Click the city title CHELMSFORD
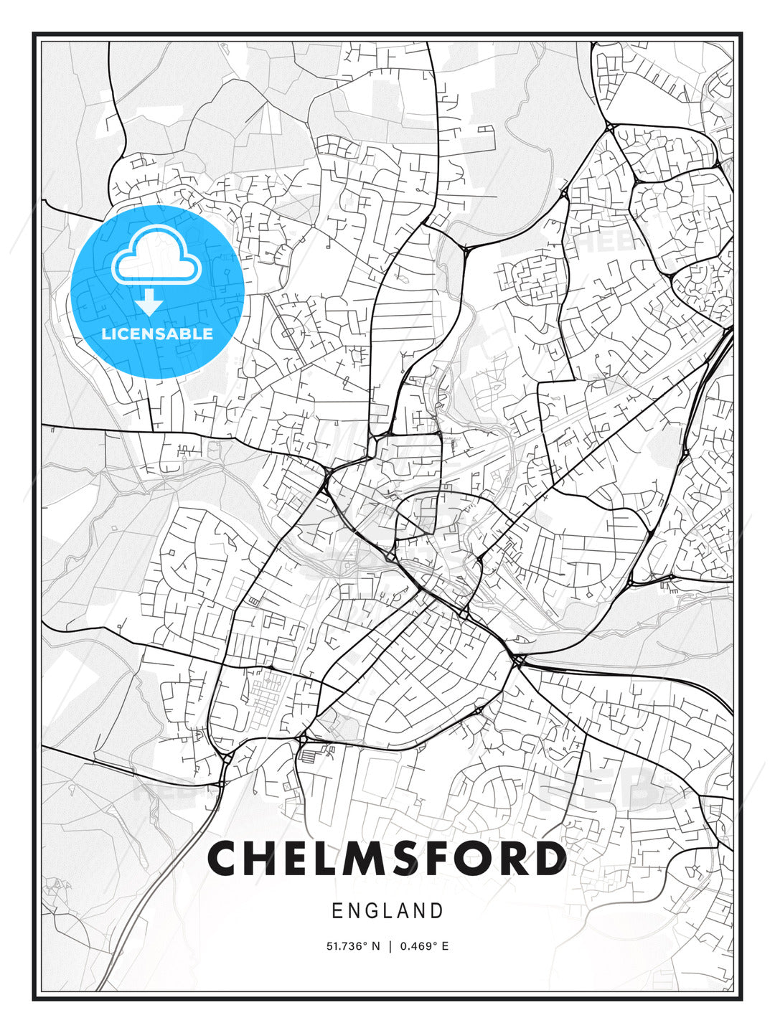(387, 859)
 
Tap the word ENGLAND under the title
(387, 911)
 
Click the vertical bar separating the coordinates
(390, 946)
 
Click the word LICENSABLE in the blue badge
(157, 334)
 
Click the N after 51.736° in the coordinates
(375, 946)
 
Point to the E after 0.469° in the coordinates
(445, 946)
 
